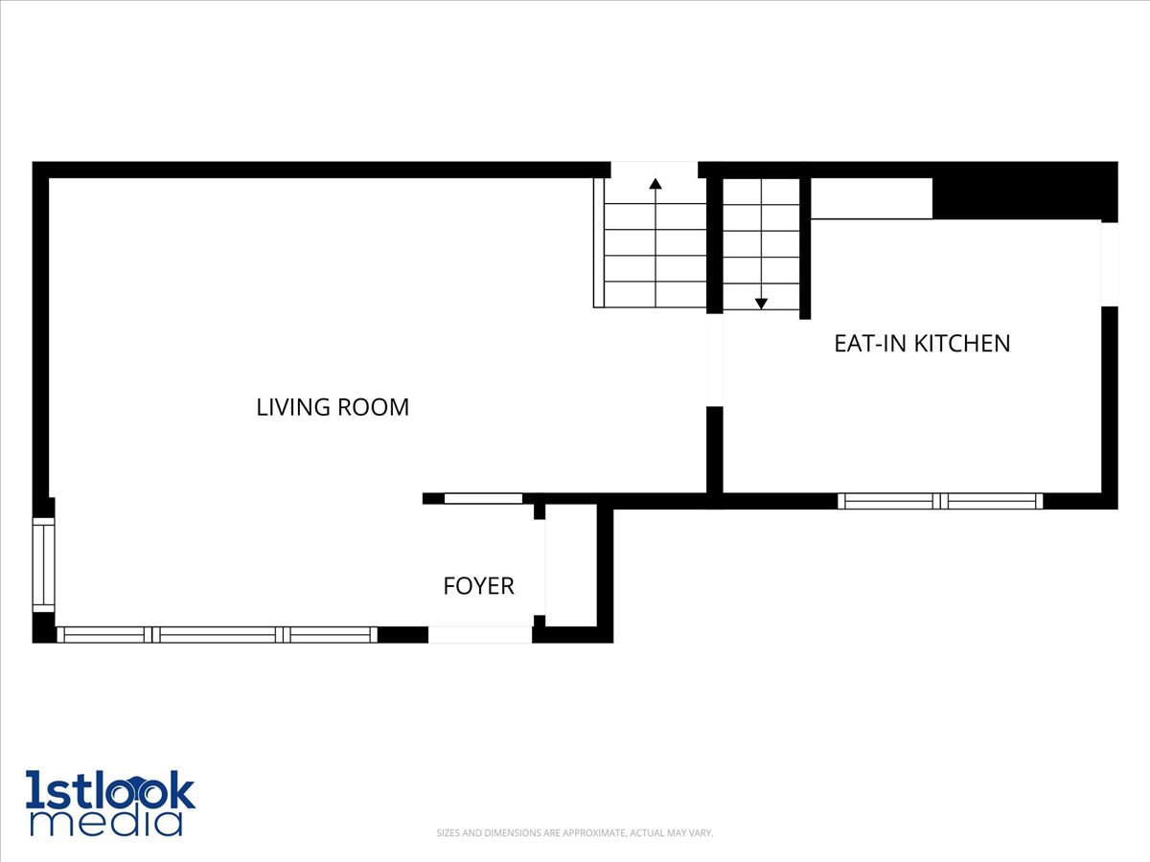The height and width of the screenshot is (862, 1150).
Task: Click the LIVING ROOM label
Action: pyautogui.click(x=333, y=407)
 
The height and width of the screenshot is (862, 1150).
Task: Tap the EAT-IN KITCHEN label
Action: pyautogui.click(x=922, y=343)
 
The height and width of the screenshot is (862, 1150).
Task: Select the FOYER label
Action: pyautogui.click(x=478, y=585)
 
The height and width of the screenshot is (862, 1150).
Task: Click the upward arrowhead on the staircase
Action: pyautogui.click(x=655, y=184)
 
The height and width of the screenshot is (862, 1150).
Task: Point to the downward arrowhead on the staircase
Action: pyautogui.click(x=761, y=303)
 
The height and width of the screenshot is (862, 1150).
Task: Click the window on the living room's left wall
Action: pyautogui.click(x=43, y=565)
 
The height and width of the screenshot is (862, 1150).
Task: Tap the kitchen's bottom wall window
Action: pyautogui.click(x=940, y=501)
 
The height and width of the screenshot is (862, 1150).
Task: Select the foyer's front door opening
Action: pyautogui.click(x=479, y=634)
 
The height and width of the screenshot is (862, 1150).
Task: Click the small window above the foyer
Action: pyautogui.click(x=483, y=498)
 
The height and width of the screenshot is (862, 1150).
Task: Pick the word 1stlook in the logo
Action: pyautogui.click(x=110, y=791)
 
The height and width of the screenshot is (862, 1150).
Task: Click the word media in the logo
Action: pyautogui.click(x=105, y=823)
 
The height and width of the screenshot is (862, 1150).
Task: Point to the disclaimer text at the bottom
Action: pyautogui.click(x=575, y=833)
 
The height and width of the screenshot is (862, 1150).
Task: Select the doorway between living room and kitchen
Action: pyautogui.click(x=714, y=360)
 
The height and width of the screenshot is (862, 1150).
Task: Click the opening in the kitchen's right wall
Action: pyautogui.click(x=1109, y=263)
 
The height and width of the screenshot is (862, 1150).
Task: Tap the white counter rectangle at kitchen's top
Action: pyautogui.click(x=871, y=198)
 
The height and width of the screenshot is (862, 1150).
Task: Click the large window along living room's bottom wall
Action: pyautogui.click(x=217, y=634)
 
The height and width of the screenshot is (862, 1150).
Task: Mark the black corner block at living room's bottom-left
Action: pyautogui.click(x=44, y=628)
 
